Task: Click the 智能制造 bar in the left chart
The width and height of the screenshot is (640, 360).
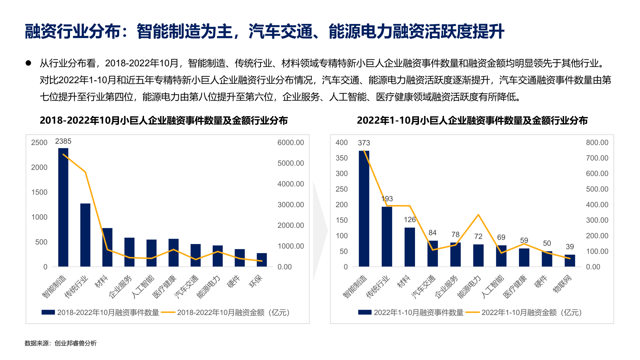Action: pyautogui.click(x=63, y=207)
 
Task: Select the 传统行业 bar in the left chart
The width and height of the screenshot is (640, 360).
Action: pyautogui.click(x=85, y=235)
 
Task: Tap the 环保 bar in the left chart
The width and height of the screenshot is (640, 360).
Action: pyautogui.click(x=262, y=260)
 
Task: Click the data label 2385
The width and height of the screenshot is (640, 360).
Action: pyautogui.click(x=63, y=141)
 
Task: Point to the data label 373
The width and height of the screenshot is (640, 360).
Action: pyautogui.click(x=364, y=143)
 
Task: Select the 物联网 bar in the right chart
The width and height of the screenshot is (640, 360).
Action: pyautogui.click(x=570, y=260)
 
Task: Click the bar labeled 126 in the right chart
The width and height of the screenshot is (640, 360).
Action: pyautogui.click(x=410, y=247)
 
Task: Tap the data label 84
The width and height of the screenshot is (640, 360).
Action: pyautogui.click(x=432, y=233)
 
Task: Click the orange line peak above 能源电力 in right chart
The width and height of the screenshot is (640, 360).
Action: pyautogui.click(x=478, y=215)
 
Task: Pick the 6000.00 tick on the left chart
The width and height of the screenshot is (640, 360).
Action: pyautogui.click(x=291, y=143)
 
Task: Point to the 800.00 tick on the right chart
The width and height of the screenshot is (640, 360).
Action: pyautogui.click(x=597, y=143)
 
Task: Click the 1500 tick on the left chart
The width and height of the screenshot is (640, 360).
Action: pyautogui.click(x=39, y=192)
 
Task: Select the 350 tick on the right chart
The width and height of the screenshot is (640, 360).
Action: pyautogui.click(x=342, y=158)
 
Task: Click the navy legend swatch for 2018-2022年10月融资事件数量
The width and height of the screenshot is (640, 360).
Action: pyautogui.click(x=48, y=312)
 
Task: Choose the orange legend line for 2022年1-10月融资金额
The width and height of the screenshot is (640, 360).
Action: pyautogui.click(x=472, y=312)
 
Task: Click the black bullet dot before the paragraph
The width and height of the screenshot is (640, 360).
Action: pyautogui.click(x=28, y=63)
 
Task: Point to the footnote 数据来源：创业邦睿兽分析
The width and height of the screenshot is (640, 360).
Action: pyautogui.click(x=61, y=343)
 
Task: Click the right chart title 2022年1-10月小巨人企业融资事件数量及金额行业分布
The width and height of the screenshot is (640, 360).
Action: pyautogui.click(x=472, y=120)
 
